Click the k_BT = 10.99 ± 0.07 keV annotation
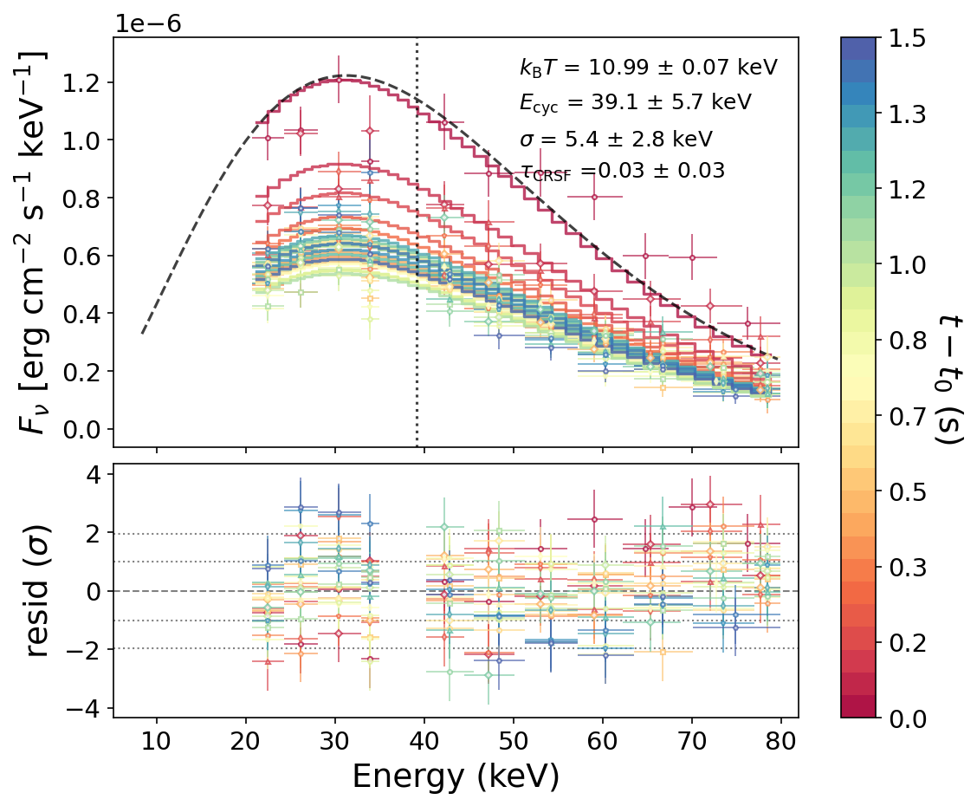[648, 67]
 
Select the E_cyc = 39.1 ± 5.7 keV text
[635, 102]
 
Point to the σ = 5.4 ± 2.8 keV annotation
[615, 139]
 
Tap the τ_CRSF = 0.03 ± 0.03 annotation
[621, 172]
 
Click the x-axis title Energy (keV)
[455, 776]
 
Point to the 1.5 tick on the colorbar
[906, 38]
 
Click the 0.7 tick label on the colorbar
[906, 416]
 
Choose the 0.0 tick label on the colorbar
[906, 718]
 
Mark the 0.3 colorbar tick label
[906, 568]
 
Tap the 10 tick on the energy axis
[157, 742]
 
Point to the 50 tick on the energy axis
[514, 742]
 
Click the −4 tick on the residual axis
[87, 707]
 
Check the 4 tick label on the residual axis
[94, 475]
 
